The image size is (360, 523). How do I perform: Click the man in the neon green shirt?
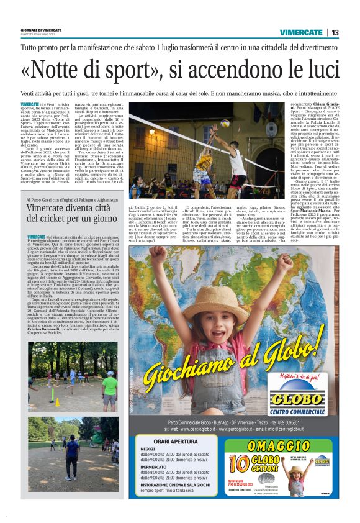tap(109, 385)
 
